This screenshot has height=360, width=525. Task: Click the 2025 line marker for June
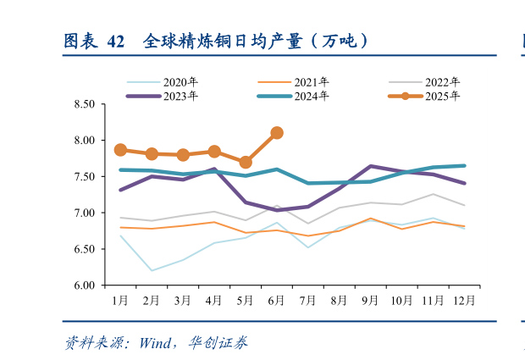click(277, 133)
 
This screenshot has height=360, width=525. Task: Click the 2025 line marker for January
click(120, 150)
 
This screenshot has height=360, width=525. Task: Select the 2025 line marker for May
click(246, 162)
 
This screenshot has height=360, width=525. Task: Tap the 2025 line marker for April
click(214, 152)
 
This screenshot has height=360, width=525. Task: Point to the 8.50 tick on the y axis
click(84, 104)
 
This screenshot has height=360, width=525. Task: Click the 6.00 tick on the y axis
click(84, 285)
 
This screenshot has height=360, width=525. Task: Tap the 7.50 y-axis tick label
click(84, 177)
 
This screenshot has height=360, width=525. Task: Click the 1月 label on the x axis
click(120, 300)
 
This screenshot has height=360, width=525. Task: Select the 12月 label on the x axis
click(464, 300)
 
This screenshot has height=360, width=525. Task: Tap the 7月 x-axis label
click(308, 300)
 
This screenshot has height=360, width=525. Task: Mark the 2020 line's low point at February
click(152, 270)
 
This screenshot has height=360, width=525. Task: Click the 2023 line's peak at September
click(371, 166)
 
